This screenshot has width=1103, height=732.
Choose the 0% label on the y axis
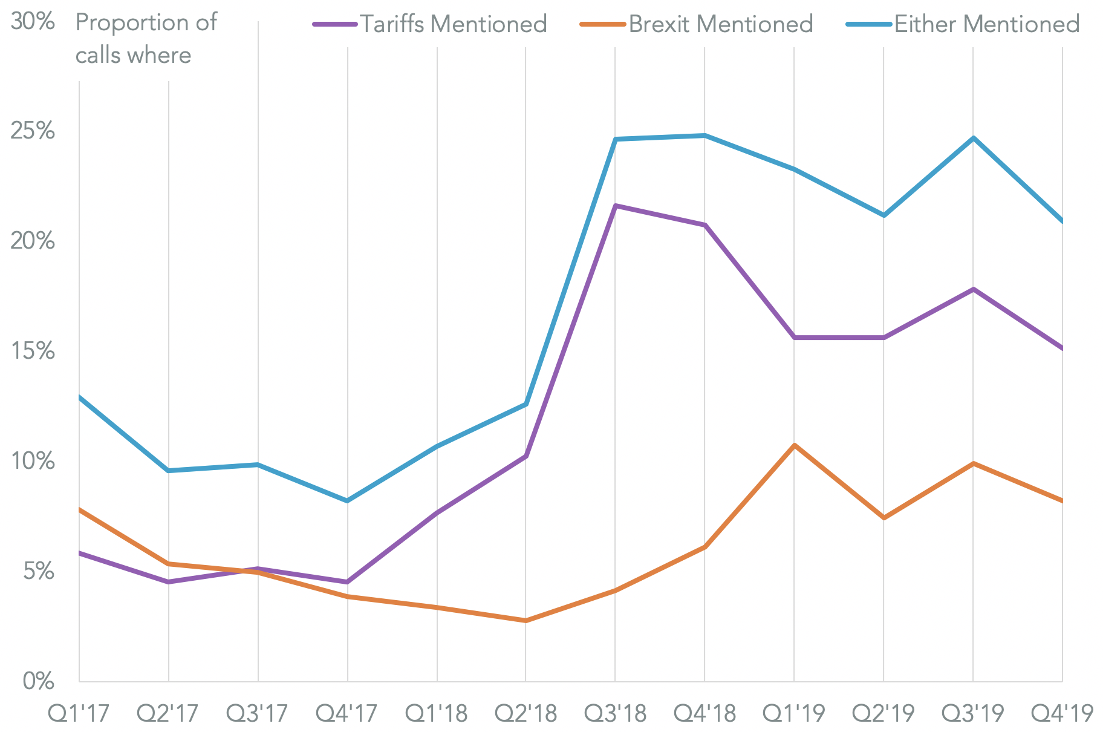click(x=38, y=682)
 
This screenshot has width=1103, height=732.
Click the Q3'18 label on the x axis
click(x=615, y=714)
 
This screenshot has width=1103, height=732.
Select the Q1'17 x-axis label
click(x=79, y=714)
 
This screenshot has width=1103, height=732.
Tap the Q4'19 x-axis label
click(x=1062, y=714)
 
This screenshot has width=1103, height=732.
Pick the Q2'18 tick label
click(x=525, y=714)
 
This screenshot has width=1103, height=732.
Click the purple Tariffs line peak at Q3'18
click(x=615, y=206)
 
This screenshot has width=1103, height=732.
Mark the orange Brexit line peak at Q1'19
click(x=794, y=445)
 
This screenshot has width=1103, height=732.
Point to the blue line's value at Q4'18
click(x=704, y=136)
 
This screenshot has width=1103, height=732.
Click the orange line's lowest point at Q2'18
click(x=525, y=621)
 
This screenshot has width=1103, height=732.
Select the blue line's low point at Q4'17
click(x=347, y=501)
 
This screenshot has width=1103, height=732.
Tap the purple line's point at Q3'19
click(x=973, y=289)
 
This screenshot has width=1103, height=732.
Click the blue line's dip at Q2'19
click(x=883, y=215)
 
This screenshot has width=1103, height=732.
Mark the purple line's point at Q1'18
click(x=437, y=513)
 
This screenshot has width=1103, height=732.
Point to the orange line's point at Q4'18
click(x=704, y=547)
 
